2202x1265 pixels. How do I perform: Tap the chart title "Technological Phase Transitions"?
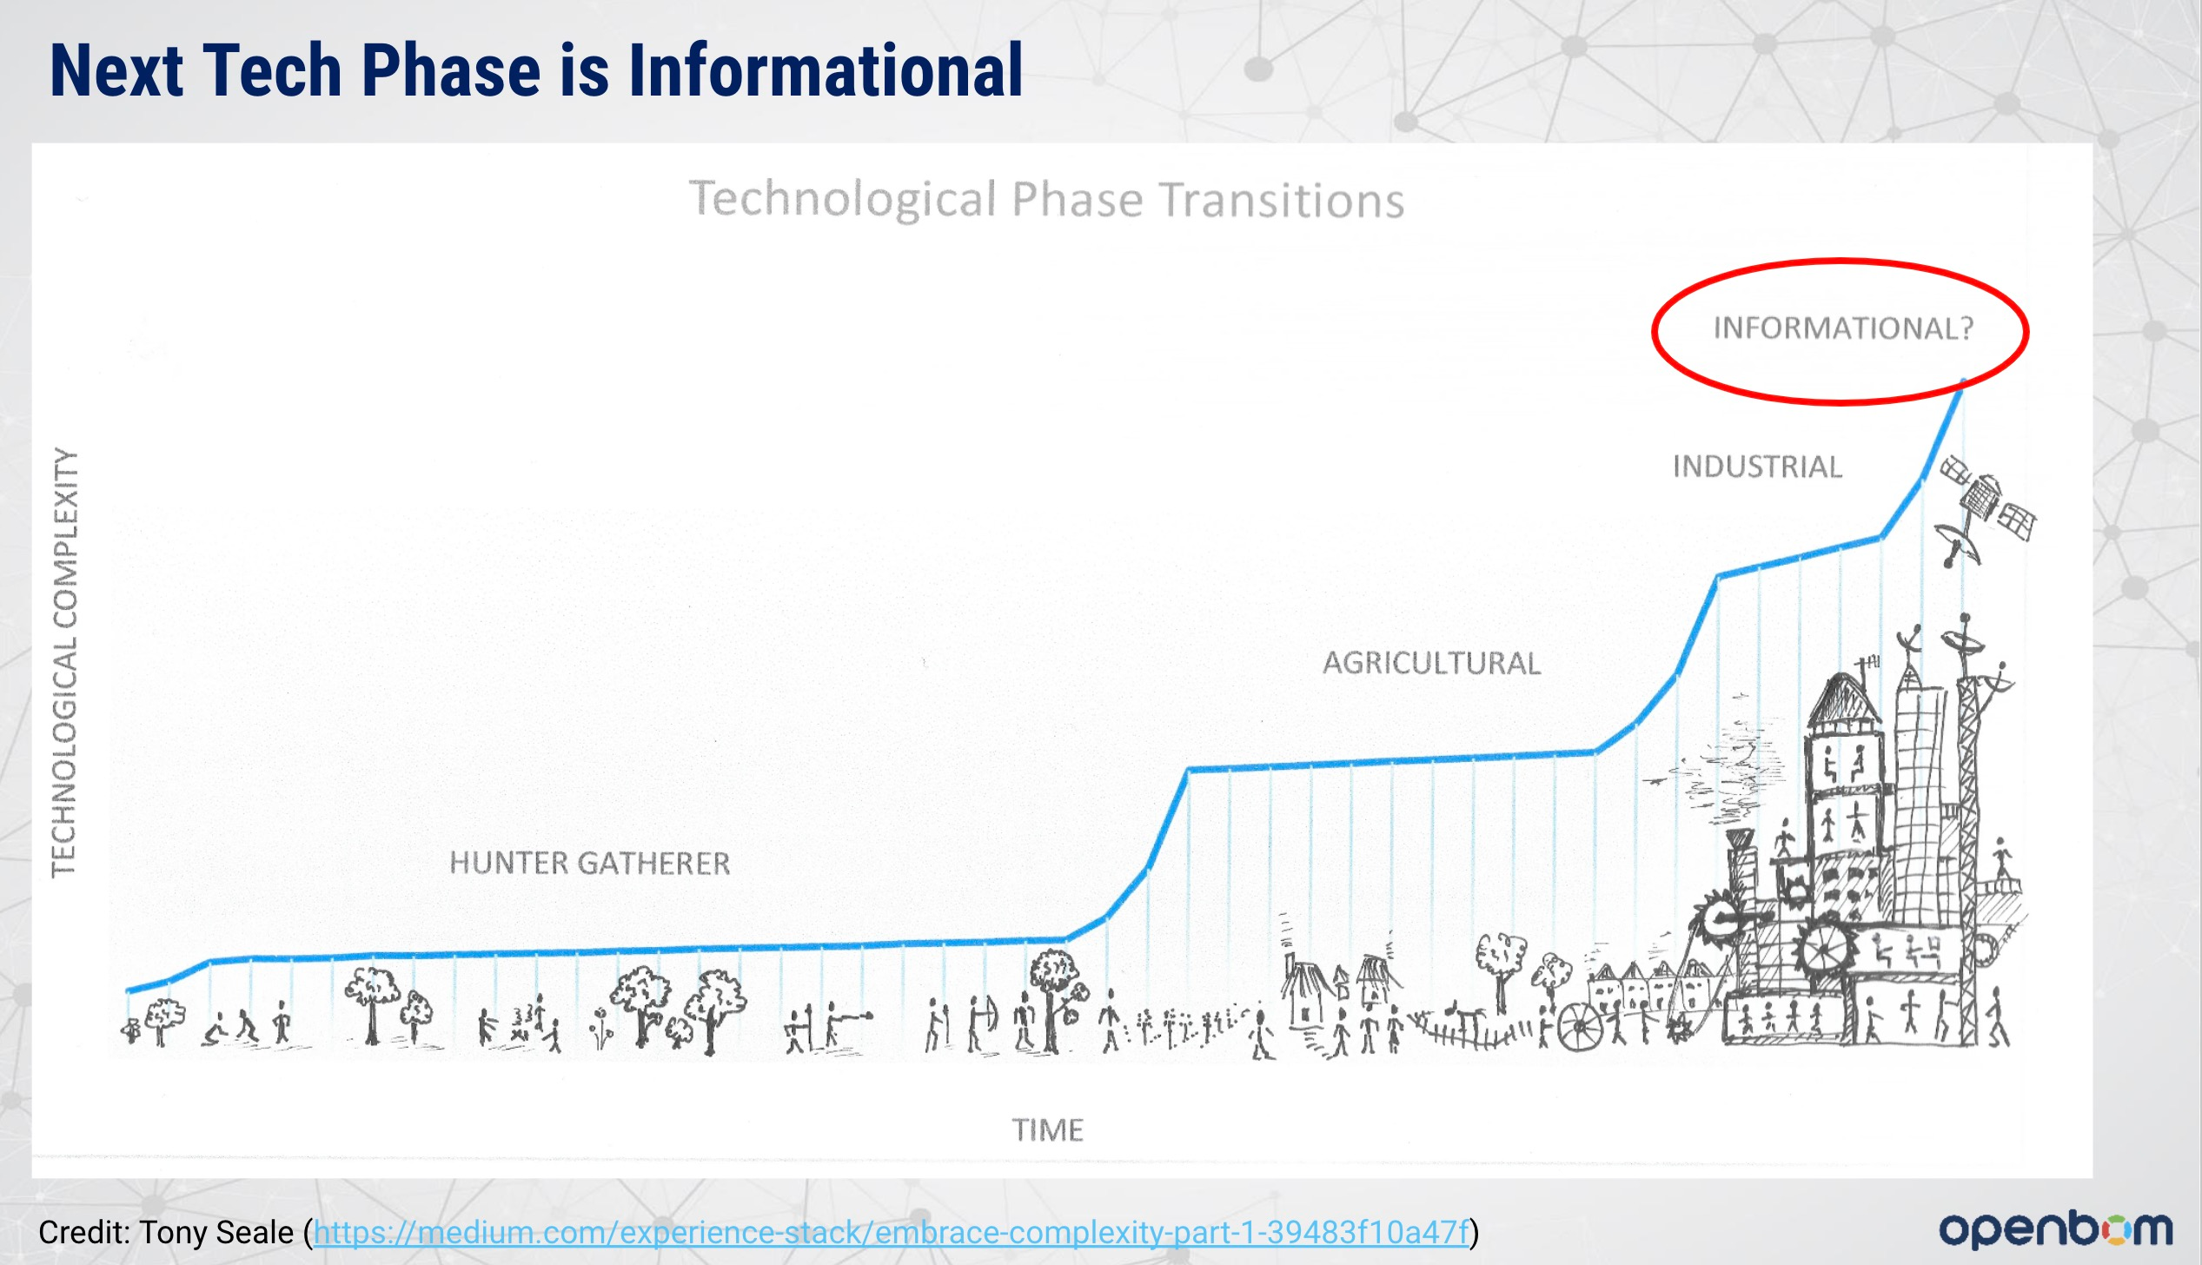coord(1046,199)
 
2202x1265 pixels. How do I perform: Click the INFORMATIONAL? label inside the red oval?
coord(1843,328)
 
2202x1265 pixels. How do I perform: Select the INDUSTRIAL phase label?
coord(1757,467)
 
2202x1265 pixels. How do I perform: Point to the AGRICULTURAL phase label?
coord(1431,663)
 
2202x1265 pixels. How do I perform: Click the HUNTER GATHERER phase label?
coord(590,863)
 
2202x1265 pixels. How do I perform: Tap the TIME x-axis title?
coord(1047,1129)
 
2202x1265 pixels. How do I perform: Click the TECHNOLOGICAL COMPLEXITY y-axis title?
coord(65,663)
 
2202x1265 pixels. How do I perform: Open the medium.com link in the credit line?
coord(891,1232)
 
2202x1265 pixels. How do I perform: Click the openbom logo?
coord(2055,1229)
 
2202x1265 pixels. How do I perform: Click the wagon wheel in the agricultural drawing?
coord(1580,1026)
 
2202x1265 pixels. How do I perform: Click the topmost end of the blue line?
coord(1963,382)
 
